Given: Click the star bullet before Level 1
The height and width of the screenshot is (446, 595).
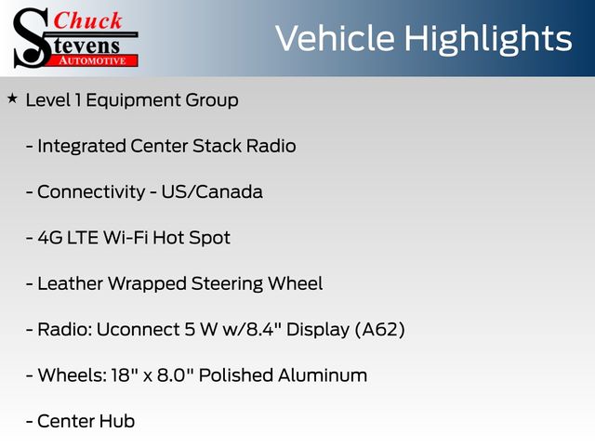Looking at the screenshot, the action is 12,99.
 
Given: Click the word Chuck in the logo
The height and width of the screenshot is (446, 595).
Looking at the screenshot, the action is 88,20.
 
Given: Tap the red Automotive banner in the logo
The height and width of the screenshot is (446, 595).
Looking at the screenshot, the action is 93,60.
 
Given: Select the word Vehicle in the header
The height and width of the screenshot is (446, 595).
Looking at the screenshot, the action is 335,38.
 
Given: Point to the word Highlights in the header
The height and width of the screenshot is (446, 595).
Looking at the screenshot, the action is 487,40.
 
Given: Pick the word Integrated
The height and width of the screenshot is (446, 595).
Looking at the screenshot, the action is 82,147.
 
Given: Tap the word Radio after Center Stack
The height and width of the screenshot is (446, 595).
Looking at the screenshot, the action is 271,146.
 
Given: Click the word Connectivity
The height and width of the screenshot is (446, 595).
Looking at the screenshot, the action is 91,192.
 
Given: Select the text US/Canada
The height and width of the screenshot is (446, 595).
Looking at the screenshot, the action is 212,191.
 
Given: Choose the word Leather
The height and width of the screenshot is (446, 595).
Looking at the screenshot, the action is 71,283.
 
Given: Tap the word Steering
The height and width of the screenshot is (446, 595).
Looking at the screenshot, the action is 227,284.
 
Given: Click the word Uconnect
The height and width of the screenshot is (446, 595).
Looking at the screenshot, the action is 139,329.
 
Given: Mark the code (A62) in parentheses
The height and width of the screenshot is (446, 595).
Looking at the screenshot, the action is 380,329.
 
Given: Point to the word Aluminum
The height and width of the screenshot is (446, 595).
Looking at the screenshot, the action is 323,375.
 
